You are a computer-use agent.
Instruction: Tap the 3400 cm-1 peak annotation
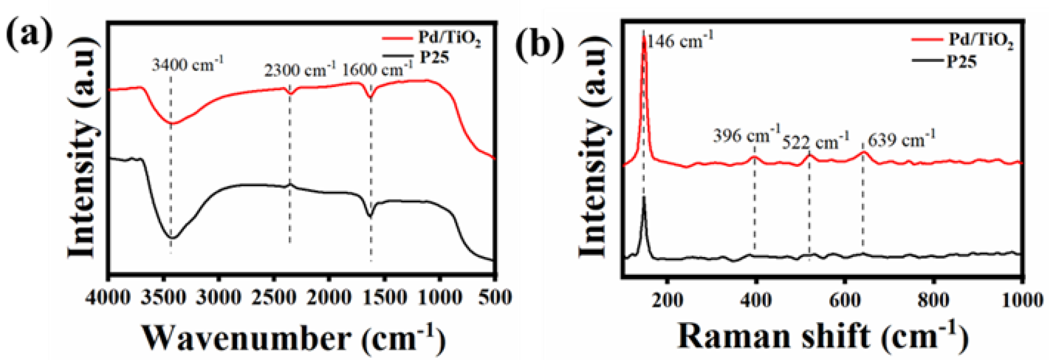(x=188, y=65)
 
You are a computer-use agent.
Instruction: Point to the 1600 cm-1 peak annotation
(x=377, y=68)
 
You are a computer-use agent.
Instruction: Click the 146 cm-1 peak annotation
(x=680, y=40)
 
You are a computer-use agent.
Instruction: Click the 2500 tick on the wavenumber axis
(x=274, y=298)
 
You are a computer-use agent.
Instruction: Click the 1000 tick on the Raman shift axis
(x=1022, y=299)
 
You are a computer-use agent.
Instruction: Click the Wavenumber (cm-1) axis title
(x=293, y=337)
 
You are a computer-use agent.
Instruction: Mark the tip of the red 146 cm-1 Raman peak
(x=644, y=37)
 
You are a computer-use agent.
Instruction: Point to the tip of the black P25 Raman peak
(x=643, y=197)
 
